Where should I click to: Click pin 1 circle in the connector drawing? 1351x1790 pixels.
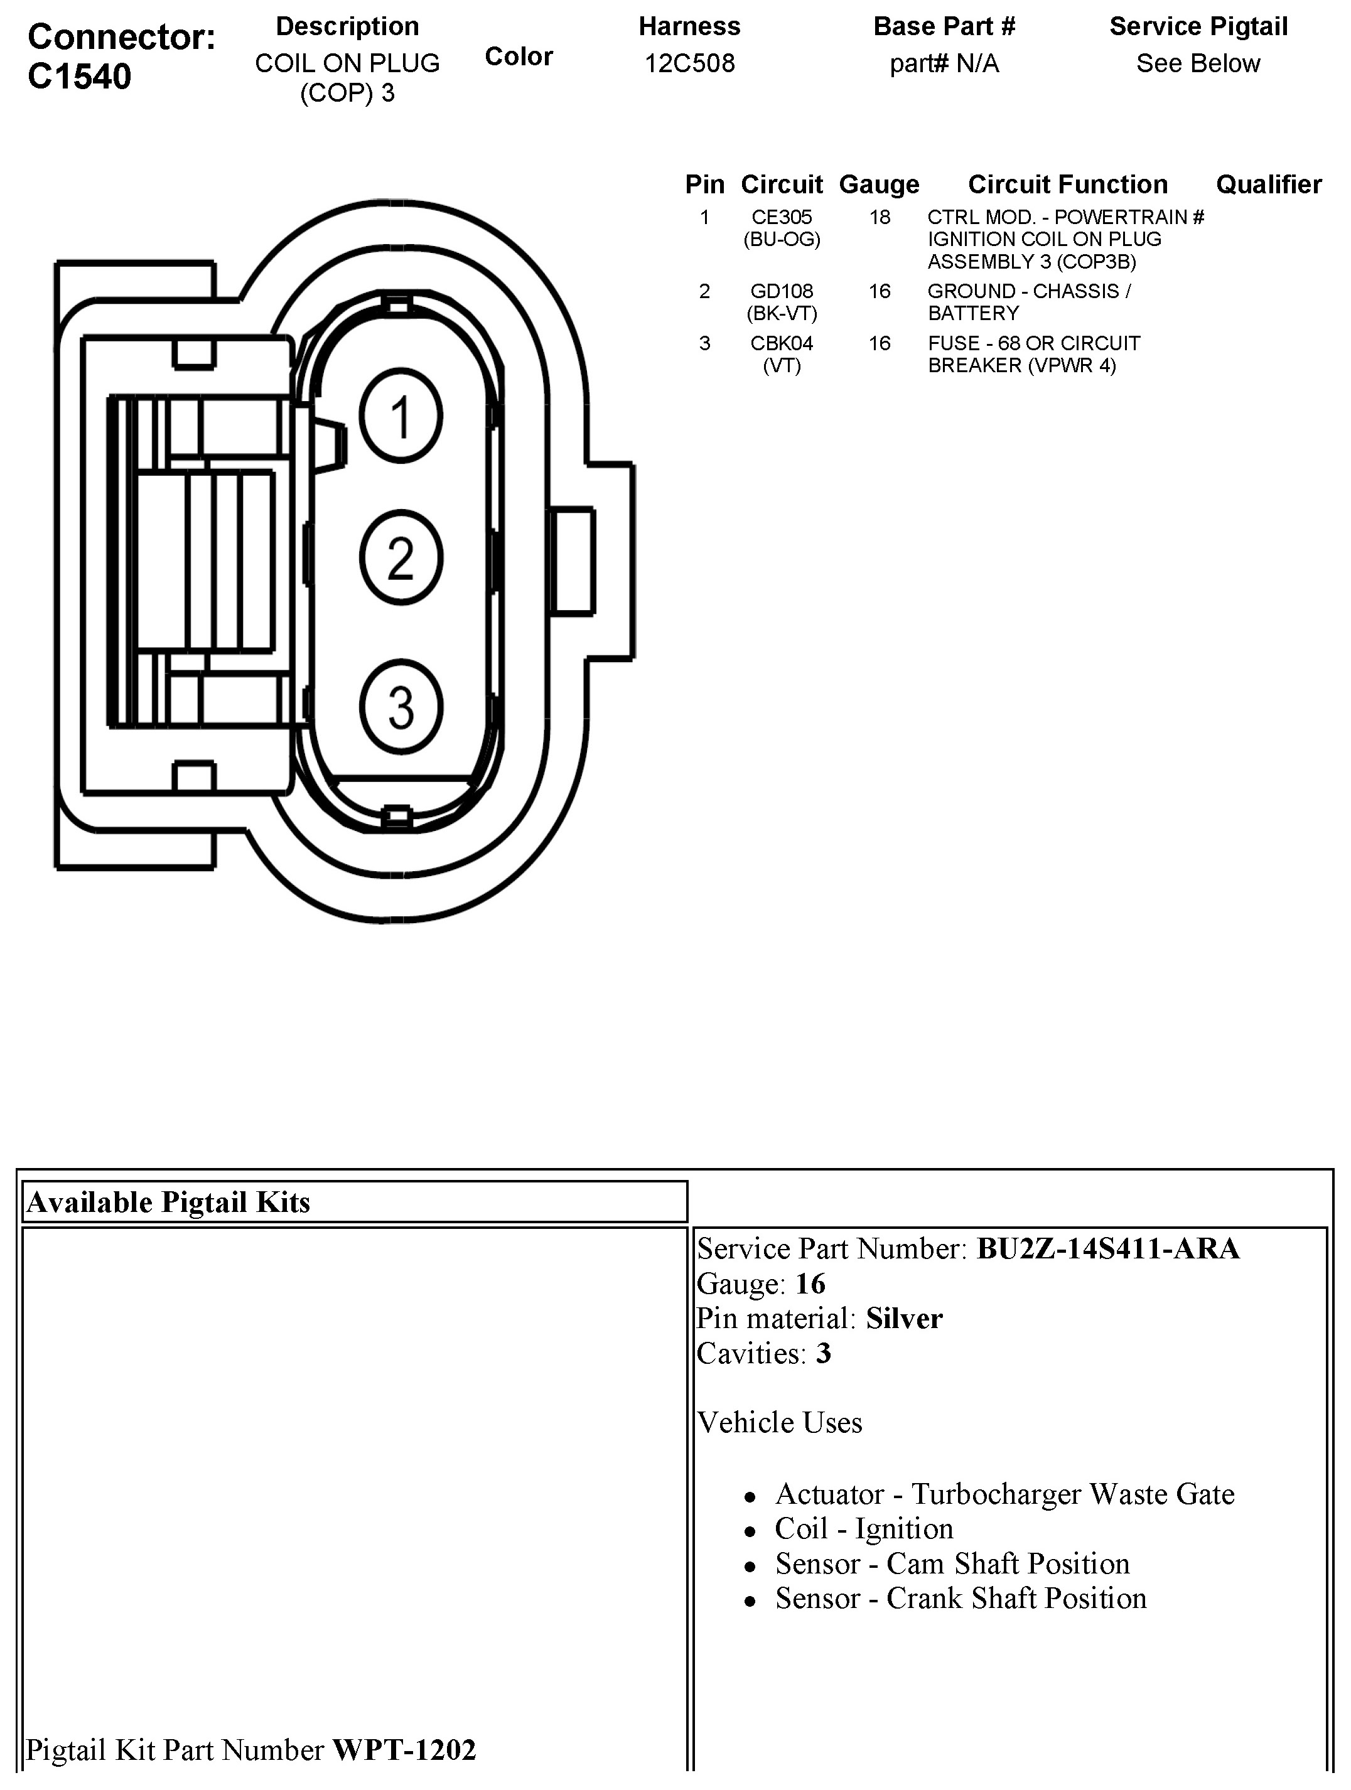pyautogui.click(x=401, y=416)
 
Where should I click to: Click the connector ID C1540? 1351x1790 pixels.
pyautogui.click(x=79, y=77)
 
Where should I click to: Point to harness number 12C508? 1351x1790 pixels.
pyautogui.click(x=690, y=63)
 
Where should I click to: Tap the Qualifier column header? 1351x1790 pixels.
pyautogui.click(x=1268, y=185)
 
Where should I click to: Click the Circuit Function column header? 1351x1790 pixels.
pyautogui.click(x=1068, y=185)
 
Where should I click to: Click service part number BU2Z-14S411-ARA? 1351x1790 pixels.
pyautogui.click(x=1107, y=1248)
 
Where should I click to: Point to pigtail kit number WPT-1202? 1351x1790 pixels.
pyautogui.click(x=404, y=1750)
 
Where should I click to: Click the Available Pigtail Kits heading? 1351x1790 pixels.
pyautogui.click(x=168, y=1202)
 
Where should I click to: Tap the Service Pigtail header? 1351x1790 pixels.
pyautogui.click(x=1198, y=27)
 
